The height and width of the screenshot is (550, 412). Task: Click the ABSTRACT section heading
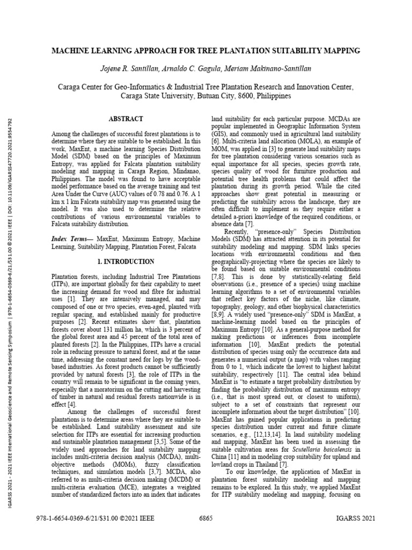(x=126, y=119)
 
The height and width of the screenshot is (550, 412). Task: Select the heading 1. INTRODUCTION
(x=126, y=261)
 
